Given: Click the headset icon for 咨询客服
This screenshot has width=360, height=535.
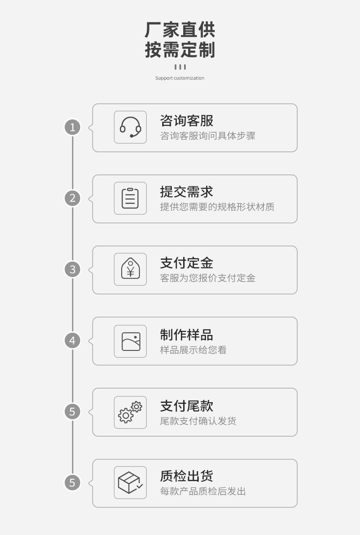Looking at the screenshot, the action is coord(130,127).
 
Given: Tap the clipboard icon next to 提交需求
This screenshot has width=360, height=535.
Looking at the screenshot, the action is coord(130,198).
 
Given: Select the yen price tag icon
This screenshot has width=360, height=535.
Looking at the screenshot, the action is coord(130,269).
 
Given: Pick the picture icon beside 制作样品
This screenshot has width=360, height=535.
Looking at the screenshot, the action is coord(130,341).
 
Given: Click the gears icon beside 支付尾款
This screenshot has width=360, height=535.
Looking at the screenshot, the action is coord(130,412).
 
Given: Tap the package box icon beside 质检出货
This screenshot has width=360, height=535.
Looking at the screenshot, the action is coord(130,483).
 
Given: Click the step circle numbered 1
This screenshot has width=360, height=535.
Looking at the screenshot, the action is coord(72,127).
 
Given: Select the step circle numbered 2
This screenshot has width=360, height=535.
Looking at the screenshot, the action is coord(72,198).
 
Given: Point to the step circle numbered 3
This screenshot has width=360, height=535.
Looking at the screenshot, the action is coord(72,269).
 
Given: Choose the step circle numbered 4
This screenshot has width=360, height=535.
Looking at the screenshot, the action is coord(72,340).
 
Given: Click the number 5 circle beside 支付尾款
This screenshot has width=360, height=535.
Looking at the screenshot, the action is coord(72,412).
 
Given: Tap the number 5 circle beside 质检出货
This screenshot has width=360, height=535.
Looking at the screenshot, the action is coord(72,483).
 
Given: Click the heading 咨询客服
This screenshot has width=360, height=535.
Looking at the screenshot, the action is coord(186,121).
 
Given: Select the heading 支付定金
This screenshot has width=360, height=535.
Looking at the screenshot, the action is coord(186,263).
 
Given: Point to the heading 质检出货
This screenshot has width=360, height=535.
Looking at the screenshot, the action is coord(186,476).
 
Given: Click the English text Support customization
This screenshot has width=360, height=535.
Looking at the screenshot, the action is coord(180,78).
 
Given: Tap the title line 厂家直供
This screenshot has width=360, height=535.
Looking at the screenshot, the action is coord(180,30).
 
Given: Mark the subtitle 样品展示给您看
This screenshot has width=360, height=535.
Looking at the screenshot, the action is coord(193,350).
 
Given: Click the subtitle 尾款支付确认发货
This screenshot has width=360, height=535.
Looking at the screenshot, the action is coord(198,421).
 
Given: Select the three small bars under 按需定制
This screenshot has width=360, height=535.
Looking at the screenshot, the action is coord(180,67).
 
